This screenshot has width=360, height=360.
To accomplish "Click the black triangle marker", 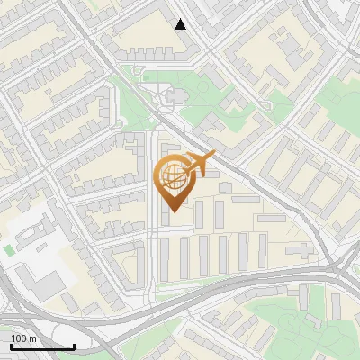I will (x=181, y=24).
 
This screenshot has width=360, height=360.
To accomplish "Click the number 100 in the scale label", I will (x=19, y=338).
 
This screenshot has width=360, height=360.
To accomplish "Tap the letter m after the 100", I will (x=32, y=338).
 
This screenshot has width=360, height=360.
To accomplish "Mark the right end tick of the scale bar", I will (x=74, y=346).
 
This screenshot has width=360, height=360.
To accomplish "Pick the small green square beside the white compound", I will (x=8, y=249).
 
